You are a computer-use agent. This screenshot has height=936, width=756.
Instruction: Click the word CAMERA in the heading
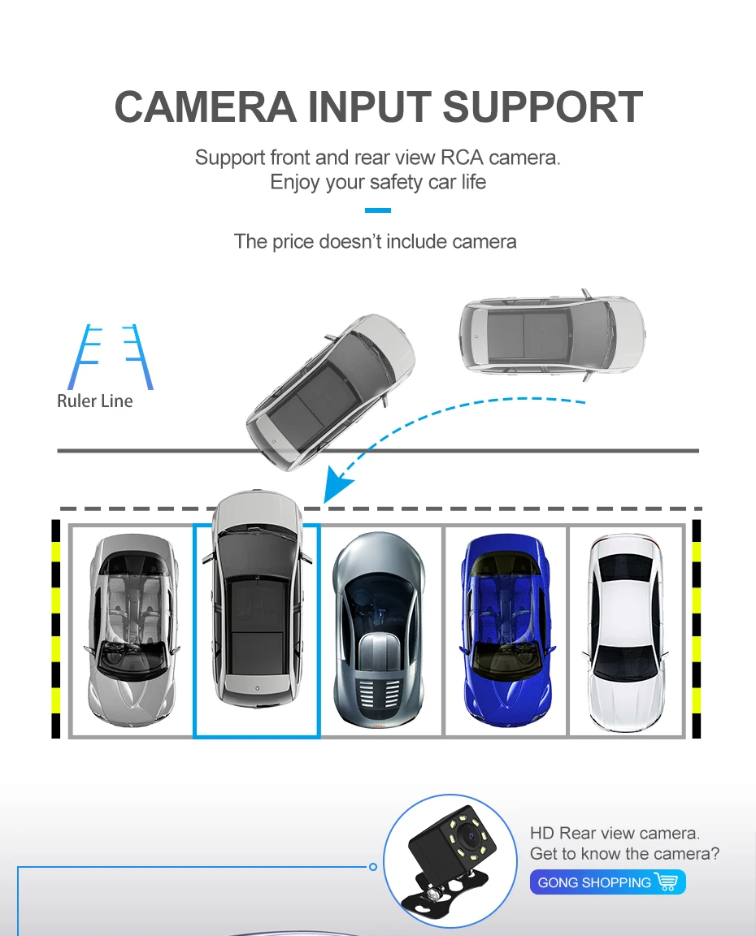coord(205,107)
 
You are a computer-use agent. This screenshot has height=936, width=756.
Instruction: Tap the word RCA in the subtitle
coord(462,157)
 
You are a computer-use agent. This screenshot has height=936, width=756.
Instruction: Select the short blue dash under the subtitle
coord(378,210)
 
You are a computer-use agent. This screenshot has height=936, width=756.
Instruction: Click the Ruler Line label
coord(94,401)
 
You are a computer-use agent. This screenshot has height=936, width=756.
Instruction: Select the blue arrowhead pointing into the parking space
coord(338,487)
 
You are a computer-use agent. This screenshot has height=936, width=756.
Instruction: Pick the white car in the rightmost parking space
coord(626,631)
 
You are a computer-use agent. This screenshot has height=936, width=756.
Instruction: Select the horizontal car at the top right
coord(552,334)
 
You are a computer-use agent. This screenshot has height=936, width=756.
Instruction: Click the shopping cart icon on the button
coord(666,882)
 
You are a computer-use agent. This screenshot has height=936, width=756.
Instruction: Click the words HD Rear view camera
coord(615,833)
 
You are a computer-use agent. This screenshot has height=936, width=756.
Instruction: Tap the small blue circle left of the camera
coord(373,867)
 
